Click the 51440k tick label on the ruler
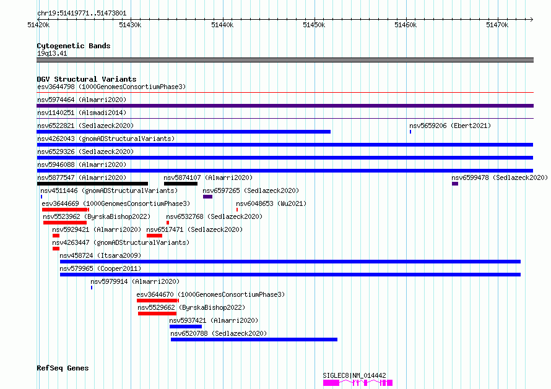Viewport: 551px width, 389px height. click(222, 25)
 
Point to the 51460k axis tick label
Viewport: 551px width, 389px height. click(406, 25)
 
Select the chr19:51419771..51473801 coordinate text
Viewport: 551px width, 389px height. click(82, 14)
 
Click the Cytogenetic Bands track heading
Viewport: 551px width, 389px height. click(74, 46)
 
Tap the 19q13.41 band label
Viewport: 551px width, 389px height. click(52, 53)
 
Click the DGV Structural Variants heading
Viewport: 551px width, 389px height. click(87, 79)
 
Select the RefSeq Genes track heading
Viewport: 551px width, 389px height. click(63, 368)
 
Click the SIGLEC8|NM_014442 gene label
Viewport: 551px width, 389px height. click(354, 375)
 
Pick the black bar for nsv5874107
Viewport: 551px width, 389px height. click(181, 184)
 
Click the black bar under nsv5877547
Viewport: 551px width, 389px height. click(92, 184)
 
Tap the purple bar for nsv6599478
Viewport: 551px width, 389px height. click(455, 184)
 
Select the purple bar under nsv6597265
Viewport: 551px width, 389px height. click(207, 197)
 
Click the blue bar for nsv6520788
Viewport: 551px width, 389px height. click(254, 340)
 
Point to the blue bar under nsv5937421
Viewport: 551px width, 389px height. click(186, 327)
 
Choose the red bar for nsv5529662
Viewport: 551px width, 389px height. click(157, 314)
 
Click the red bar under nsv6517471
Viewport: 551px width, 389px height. click(154, 236)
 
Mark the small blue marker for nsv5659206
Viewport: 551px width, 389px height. click(410, 132)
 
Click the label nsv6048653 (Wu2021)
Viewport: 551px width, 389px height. click(271, 203)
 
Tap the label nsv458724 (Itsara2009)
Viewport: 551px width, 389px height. click(100, 255)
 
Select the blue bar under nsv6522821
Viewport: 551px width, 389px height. click(183, 132)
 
